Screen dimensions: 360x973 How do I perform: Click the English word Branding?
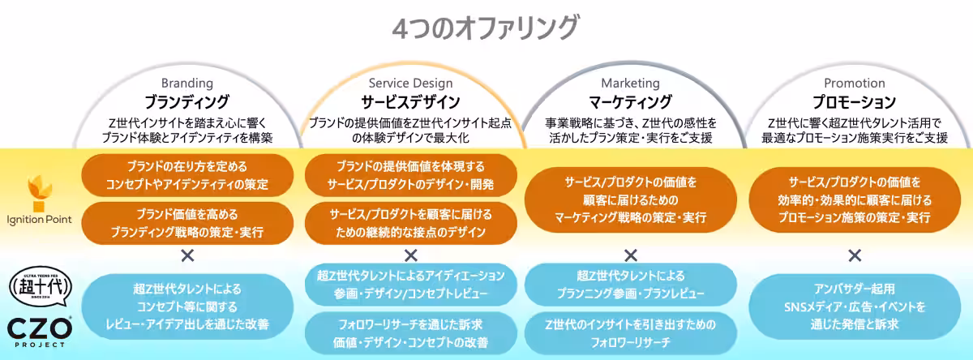tap(187, 83)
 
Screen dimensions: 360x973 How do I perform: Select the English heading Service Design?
tap(411, 83)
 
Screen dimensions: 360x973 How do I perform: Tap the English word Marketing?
tap(631, 83)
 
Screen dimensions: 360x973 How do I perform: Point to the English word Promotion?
tap(855, 83)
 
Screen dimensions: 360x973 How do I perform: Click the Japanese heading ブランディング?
tap(187, 102)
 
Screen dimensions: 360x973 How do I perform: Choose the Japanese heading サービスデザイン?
tap(411, 102)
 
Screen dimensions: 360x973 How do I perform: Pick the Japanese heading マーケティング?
tap(631, 102)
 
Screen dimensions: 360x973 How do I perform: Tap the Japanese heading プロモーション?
tap(855, 102)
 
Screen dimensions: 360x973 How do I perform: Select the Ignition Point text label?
tap(39, 220)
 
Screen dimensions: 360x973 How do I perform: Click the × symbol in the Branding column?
tap(187, 255)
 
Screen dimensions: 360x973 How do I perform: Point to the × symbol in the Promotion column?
tap(855, 255)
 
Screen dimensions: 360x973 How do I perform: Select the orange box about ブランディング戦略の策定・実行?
tap(187, 223)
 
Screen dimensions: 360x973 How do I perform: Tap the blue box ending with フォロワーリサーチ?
tap(631, 333)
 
